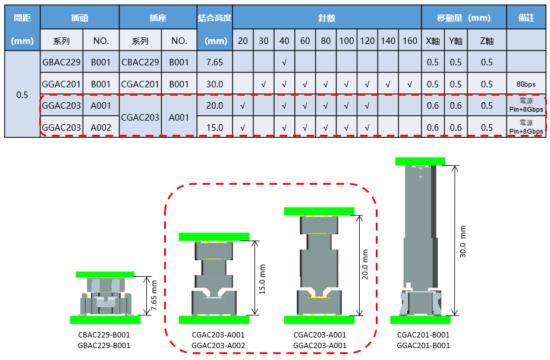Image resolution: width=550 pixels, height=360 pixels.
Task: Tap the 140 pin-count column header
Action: pos(388,40)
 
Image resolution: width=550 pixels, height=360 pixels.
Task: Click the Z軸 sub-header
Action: pos(487,40)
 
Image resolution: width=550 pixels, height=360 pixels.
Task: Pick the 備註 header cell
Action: pos(526,18)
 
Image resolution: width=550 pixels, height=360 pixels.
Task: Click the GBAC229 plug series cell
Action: pos(61,62)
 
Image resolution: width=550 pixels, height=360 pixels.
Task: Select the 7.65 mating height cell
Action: pos(215,62)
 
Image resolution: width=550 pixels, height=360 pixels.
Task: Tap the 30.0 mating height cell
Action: pos(215,84)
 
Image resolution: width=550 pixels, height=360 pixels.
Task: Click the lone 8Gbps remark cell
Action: pos(526,84)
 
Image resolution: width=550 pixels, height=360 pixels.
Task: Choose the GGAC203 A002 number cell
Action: pos(101,127)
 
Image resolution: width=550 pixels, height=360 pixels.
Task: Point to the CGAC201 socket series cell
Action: pos(140,84)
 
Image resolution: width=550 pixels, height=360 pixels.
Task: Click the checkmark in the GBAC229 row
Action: pos(284,63)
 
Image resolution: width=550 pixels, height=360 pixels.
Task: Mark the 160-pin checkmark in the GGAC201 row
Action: pos(409,84)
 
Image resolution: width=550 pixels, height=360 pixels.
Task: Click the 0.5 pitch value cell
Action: pos(22,94)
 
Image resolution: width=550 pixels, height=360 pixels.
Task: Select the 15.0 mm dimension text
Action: pos(262,279)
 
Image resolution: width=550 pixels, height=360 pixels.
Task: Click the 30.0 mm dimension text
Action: pos(463,242)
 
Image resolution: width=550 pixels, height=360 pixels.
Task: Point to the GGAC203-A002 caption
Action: pos(218,345)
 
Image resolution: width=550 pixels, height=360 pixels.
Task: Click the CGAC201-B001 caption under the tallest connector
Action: pos(423,335)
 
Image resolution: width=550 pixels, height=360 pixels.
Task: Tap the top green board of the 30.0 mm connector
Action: pos(420,161)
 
